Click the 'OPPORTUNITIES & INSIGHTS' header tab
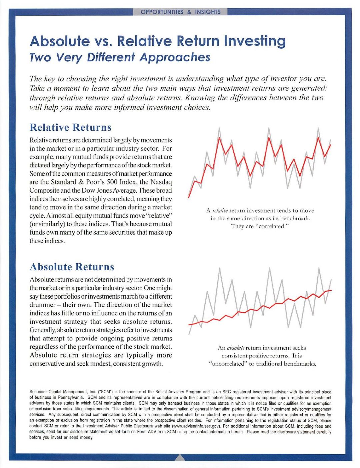[180, 12]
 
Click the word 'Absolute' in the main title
[60, 41]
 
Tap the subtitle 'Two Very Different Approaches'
[120, 57]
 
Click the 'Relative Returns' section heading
[70, 127]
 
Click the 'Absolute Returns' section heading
[72, 267]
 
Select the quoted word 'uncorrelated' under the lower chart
[228, 364]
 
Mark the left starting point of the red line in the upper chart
[189, 197]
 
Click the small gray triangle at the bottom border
[180, 457]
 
